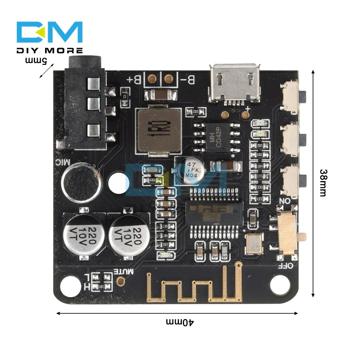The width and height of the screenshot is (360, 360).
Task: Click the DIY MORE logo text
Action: pos(50,50)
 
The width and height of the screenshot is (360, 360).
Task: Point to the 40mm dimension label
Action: pos(180,321)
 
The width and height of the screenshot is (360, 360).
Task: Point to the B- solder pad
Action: pos(168,78)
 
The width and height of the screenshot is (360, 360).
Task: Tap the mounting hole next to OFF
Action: pos(280,285)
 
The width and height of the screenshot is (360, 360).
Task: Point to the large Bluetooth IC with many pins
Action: pos(214,212)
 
